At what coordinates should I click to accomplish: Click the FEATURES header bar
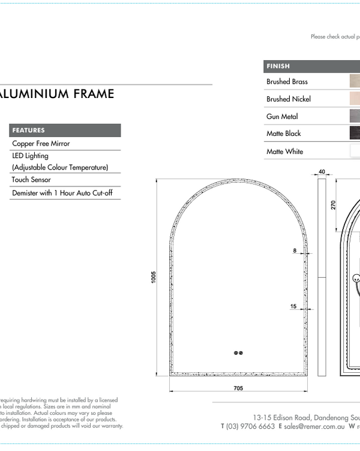click(65, 130)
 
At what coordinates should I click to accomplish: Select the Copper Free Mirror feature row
click(41, 144)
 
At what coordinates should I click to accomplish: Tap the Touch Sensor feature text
click(31, 180)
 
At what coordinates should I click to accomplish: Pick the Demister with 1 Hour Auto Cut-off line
click(62, 193)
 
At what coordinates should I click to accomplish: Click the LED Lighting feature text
click(31, 156)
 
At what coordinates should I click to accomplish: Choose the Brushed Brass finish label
click(287, 82)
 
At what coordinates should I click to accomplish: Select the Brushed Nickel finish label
click(289, 99)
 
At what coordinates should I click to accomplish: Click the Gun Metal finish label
click(282, 117)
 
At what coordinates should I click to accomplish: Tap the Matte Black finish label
click(284, 133)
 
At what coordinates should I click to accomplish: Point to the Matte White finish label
click(285, 152)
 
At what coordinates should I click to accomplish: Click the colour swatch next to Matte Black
click(355, 133)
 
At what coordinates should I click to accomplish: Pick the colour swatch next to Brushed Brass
click(355, 81)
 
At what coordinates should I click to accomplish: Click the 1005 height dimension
click(154, 277)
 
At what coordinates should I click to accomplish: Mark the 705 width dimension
click(238, 388)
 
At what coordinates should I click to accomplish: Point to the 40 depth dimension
click(322, 172)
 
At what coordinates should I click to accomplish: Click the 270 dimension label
click(334, 204)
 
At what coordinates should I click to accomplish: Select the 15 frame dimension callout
click(293, 307)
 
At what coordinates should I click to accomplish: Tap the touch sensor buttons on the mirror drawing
click(238, 353)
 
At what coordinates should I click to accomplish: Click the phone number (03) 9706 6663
click(250, 426)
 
